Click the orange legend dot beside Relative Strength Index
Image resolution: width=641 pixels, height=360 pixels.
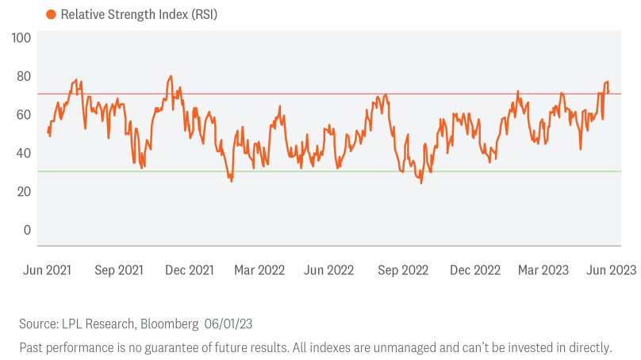(x=51, y=14)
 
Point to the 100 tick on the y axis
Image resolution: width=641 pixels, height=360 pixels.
(x=21, y=38)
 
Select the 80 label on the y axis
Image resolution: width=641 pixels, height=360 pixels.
(x=24, y=76)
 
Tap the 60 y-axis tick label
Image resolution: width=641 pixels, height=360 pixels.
(x=24, y=115)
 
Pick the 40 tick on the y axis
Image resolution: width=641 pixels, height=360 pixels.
(x=24, y=153)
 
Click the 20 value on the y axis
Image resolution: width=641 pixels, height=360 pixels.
(x=24, y=192)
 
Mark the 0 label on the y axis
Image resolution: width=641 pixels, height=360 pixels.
(x=27, y=230)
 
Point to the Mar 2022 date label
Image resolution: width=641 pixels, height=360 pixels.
(x=259, y=270)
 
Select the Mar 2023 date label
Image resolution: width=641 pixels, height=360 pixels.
(x=543, y=270)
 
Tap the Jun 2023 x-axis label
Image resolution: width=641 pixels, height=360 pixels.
(x=612, y=270)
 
